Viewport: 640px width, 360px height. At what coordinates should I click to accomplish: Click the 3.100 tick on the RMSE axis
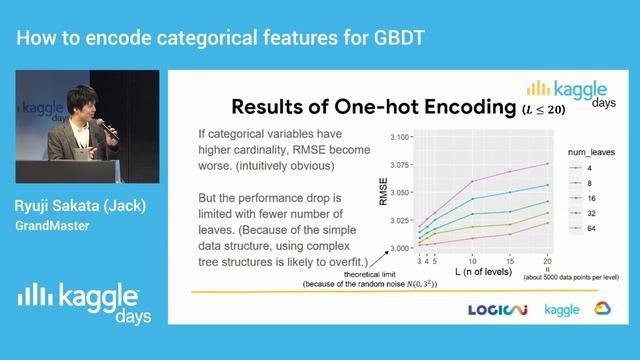coord(400,137)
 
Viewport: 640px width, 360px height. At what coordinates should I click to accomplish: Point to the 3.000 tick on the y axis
coord(400,247)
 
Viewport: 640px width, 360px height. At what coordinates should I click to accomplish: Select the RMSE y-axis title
coord(383,191)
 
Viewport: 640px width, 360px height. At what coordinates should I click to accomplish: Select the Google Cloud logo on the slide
coord(603,309)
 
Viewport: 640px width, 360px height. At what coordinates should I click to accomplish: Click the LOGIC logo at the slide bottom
coord(499,310)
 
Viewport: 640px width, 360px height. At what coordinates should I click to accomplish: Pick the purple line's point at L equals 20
coord(548,164)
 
